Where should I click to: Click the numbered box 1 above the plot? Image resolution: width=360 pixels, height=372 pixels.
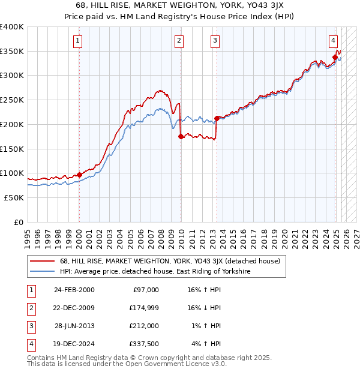click(x=79, y=41)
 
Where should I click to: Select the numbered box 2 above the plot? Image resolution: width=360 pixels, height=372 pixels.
click(x=179, y=41)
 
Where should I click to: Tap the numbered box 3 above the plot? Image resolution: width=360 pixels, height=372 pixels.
click(x=215, y=41)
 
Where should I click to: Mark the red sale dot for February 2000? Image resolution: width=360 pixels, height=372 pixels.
click(x=79, y=175)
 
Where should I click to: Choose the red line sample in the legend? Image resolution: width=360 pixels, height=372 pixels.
click(x=43, y=262)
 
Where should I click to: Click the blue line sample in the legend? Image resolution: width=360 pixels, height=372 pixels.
click(x=43, y=272)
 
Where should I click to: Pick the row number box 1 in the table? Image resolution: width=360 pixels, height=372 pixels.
click(x=30, y=290)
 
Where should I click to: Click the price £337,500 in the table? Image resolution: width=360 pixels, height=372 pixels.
click(x=144, y=344)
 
